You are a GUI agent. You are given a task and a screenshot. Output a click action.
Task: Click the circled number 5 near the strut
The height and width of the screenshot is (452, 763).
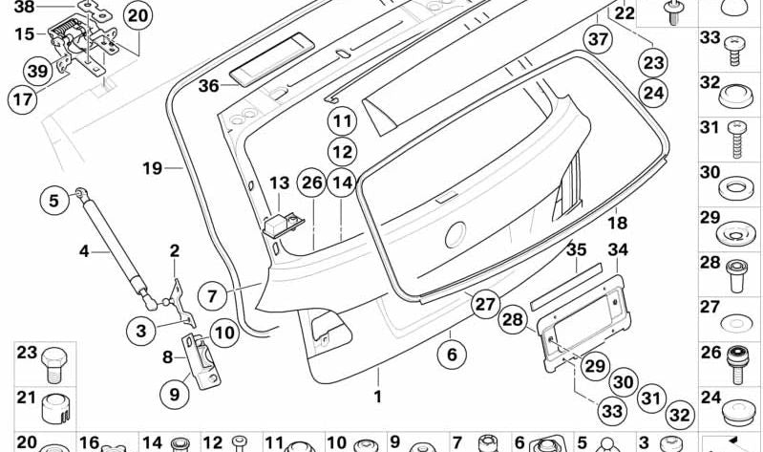(54, 201)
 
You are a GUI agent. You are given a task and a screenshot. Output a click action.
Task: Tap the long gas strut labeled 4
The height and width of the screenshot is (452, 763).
(114, 240)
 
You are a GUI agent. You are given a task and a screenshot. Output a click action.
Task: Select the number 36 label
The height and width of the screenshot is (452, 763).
(208, 86)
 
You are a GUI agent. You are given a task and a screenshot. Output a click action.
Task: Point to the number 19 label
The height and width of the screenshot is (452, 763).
(153, 169)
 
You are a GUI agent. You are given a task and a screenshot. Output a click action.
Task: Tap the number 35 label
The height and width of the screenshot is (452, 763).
(576, 250)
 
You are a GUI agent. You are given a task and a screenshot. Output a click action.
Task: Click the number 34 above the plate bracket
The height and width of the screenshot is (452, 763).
(619, 250)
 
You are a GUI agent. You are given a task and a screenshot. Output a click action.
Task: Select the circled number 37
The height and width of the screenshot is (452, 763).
(598, 40)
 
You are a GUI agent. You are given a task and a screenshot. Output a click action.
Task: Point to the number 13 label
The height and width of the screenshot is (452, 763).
(278, 183)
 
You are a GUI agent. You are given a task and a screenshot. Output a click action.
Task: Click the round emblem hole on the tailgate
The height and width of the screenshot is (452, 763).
(455, 232)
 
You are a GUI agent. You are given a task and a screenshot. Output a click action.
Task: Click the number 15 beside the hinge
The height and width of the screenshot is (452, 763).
(24, 34)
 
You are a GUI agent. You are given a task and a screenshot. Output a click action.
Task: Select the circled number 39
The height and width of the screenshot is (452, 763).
(37, 71)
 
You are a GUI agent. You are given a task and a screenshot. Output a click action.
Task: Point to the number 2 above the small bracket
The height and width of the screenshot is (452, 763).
(174, 251)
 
